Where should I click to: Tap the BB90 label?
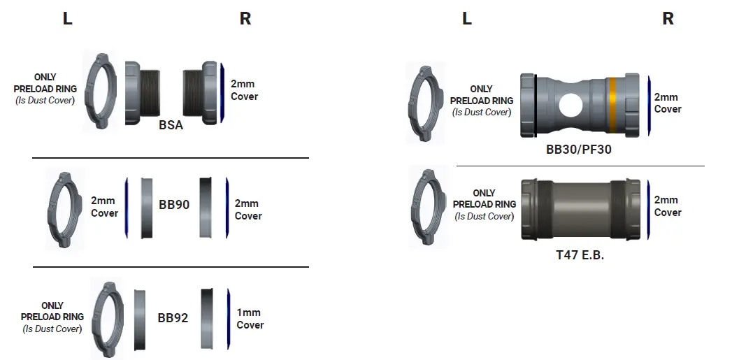[x=173, y=205]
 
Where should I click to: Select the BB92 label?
[x=173, y=317]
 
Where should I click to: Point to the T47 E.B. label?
[x=580, y=255]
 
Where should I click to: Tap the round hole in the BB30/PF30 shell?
[x=572, y=106]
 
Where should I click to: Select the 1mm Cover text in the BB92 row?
[x=250, y=319]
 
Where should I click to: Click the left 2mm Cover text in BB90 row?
[x=104, y=207]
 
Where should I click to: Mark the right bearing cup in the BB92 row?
[x=208, y=318]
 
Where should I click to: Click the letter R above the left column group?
[x=245, y=19]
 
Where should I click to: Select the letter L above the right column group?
[x=467, y=19]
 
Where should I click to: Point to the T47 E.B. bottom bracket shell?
[x=580, y=209]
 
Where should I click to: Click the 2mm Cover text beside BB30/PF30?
[x=667, y=103]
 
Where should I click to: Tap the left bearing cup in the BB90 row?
[x=147, y=208]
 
